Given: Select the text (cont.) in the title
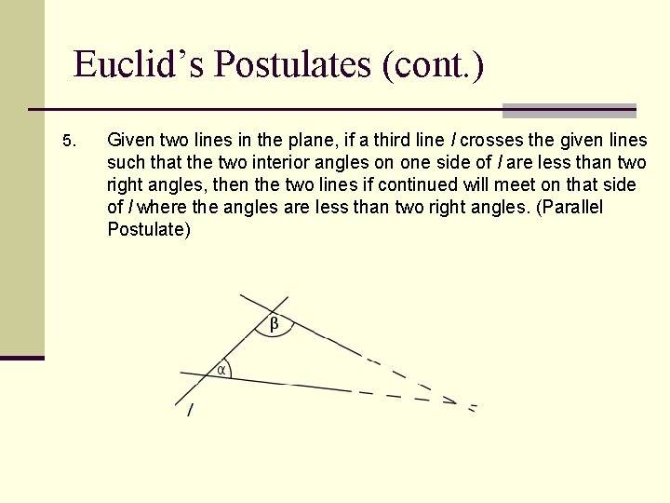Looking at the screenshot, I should [x=432, y=65].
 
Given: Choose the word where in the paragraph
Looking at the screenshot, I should [x=163, y=208].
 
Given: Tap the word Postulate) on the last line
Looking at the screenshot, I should [x=149, y=229].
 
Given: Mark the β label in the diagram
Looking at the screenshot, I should [x=275, y=324].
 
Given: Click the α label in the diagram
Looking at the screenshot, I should [x=221, y=370].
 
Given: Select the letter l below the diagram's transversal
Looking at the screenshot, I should [x=191, y=410].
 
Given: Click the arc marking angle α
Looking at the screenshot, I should [x=230, y=371].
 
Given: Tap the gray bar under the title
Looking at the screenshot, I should [x=569, y=110].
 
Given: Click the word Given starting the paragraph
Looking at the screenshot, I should [x=131, y=141].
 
